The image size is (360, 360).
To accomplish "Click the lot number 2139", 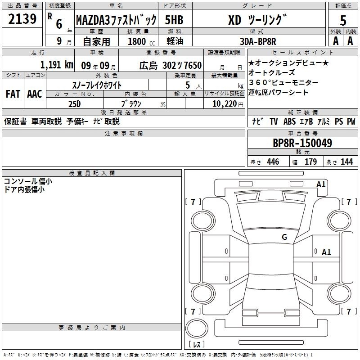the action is coord(22,18).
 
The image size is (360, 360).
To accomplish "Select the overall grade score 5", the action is coord(343,20).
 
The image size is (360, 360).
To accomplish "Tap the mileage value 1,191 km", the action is coord(57,65).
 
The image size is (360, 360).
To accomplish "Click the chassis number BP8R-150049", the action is coord(302,143).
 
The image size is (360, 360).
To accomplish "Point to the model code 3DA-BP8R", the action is coord(258,41).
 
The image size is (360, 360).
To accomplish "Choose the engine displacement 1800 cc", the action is coord(141,41).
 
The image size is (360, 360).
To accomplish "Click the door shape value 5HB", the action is coord(174,20).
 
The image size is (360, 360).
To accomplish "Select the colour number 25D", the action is coord(75,104).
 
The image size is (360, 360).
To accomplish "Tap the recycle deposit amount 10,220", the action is coord(225,104).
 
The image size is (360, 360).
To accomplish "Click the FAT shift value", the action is coord(13,94).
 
